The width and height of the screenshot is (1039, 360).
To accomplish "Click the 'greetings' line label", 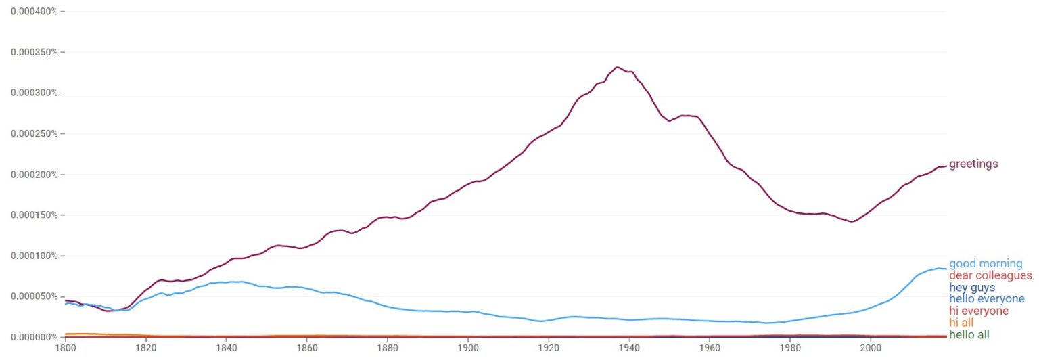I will [x=973, y=164].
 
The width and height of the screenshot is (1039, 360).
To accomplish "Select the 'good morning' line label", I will [x=986, y=264].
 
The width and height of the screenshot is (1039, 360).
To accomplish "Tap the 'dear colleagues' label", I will [x=990, y=275].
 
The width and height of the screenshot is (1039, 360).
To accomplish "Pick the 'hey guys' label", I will [x=972, y=288].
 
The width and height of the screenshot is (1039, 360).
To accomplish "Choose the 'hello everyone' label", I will [x=986, y=299].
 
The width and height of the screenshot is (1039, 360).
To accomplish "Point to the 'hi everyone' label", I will [x=979, y=311].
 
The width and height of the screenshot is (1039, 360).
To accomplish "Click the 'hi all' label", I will [x=961, y=323].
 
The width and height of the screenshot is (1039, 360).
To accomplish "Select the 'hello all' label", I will [x=969, y=335].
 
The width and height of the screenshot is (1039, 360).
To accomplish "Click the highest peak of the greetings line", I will [x=617, y=67].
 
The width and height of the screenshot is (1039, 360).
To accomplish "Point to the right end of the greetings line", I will [x=946, y=166].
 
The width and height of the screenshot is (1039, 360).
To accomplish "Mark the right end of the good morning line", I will [x=946, y=269].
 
